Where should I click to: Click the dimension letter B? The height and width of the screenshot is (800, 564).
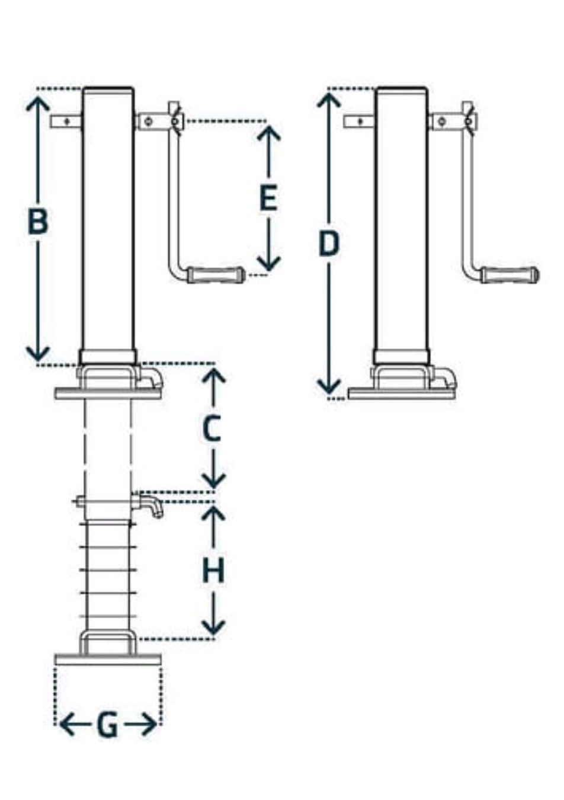pos(38,222)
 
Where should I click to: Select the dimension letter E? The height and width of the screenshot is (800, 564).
pos(268,197)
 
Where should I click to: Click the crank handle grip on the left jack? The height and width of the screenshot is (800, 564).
pos(216,276)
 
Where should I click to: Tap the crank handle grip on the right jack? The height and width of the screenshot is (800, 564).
pos(509,276)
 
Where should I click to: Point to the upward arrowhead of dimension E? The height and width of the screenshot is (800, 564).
pos(268,132)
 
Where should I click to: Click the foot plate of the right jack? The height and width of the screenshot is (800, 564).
pos(402,394)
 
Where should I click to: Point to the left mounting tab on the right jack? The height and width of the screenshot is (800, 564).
pos(360,122)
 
